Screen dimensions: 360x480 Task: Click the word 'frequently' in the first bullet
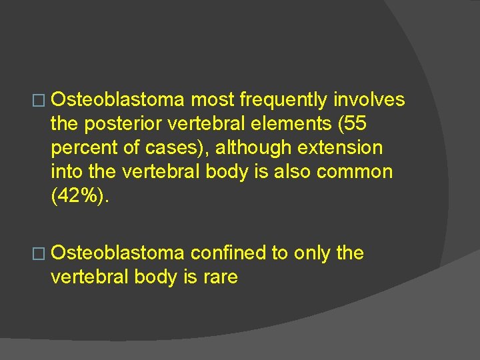[284, 100]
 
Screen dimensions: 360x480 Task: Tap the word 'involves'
[369, 100]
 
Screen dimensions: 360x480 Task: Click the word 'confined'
[229, 253]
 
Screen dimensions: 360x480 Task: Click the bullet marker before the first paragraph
[43, 101]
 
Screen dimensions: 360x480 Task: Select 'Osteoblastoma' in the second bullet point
[117, 253]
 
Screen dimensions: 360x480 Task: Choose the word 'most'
[213, 100]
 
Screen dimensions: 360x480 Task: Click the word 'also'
[291, 171]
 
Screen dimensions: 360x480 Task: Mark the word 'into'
[67, 171]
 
